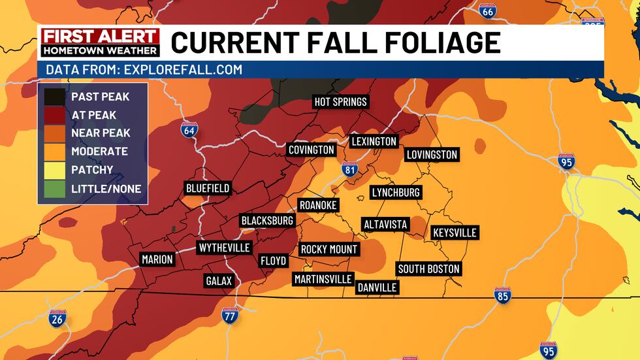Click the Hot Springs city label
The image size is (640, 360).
(340, 102)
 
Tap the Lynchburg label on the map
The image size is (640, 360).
(396, 192)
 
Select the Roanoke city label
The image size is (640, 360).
(318, 205)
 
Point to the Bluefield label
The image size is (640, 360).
(208, 188)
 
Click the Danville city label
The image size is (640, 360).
(377, 287)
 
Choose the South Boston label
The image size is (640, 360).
(429, 269)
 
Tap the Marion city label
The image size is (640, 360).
(157, 259)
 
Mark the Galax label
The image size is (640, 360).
(218, 281)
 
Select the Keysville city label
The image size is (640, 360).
(455, 233)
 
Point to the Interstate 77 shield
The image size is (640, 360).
(229, 316)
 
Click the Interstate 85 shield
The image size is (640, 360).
(502, 295)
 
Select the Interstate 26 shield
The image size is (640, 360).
(57, 318)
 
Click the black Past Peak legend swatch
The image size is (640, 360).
(55, 97)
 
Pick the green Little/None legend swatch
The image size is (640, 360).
(55, 188)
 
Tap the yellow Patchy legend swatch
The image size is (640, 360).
(55, 170)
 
